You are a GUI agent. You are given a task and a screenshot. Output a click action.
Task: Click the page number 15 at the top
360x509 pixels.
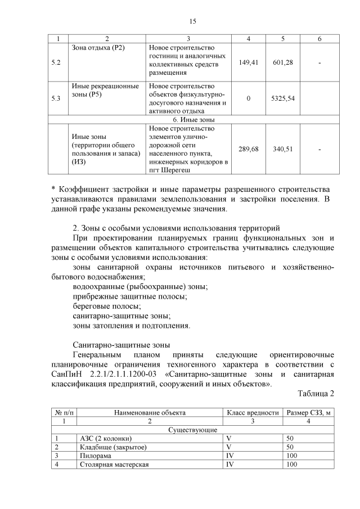192,21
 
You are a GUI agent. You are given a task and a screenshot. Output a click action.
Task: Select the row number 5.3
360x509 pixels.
56,98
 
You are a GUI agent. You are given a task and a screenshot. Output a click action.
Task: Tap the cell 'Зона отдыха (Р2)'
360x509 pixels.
98,47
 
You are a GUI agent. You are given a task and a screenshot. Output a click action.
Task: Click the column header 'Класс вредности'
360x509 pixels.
252,412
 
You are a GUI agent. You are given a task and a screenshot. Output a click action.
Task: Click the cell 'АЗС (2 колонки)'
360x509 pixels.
107,438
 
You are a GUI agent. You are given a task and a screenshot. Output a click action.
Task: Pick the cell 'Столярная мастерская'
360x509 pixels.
115,465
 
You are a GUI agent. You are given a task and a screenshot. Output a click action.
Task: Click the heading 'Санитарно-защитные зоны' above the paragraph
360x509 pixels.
121,344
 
